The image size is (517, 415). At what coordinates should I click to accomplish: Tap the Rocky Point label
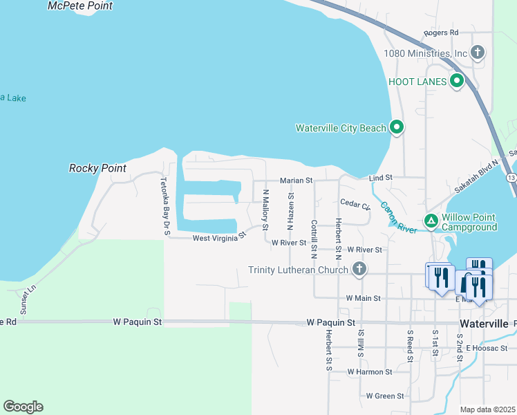97,168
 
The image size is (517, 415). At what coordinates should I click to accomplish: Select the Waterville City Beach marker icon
397,127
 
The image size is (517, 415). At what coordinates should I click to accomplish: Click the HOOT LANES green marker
457,82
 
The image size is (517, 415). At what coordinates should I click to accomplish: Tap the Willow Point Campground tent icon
431,221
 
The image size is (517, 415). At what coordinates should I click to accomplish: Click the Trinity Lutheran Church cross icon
359,269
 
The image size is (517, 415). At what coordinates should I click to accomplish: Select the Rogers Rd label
442,33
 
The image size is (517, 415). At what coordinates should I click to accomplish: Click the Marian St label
297,181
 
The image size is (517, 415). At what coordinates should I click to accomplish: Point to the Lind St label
381,178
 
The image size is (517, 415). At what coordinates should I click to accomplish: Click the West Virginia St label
219,237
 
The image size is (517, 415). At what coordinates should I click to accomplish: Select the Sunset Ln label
28,299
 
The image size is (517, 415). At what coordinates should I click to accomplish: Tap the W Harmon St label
370,371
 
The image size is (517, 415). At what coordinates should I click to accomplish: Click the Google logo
23,407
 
